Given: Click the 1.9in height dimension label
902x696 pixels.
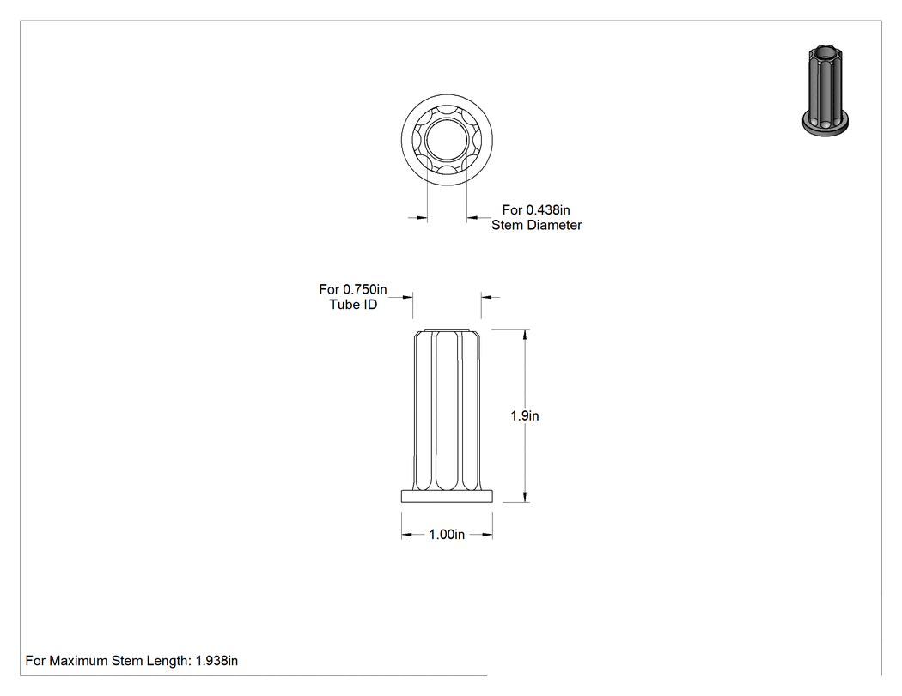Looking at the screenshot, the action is (x=525, y=415).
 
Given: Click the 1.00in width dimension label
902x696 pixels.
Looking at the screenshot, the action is (x=447, y=535).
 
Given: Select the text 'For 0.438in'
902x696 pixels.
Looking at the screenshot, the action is (x=536, y=209).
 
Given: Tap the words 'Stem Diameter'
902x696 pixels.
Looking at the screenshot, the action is (x=536, y=225).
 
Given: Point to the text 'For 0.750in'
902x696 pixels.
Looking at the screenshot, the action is (x=353, y=289).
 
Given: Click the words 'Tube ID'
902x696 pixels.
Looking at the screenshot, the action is (x=353, y=304).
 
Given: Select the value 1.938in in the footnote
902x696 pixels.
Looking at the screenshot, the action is (x=216, y=660).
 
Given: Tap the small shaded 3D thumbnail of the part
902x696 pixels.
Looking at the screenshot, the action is (x=826, y=91).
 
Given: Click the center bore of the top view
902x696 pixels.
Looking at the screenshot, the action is (x=447, y=140).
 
